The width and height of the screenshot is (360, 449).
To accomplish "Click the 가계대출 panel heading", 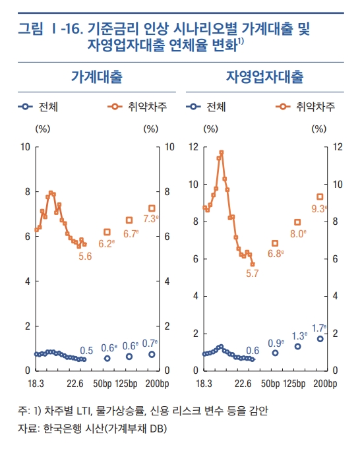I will (x=96, y=76).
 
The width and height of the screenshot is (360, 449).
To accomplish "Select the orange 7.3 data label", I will (x=151, y=219).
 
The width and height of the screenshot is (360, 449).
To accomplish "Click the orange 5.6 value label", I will (x=84, y=256).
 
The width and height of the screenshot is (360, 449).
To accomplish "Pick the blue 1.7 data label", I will (x=319, y=328).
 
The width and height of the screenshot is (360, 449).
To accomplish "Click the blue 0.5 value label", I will (x=86, y=350).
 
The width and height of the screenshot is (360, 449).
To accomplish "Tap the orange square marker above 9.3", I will (x=320, y=196).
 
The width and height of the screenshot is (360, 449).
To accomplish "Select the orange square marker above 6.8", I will (x=275, y=243).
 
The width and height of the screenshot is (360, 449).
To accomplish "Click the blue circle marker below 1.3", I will (x=297, y=347).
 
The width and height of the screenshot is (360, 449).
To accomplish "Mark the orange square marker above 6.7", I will (x=129, y=220).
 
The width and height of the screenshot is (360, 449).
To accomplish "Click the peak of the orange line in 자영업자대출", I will (x=222, y=152).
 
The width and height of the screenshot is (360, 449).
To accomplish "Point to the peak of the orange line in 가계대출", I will (x=51, y=193).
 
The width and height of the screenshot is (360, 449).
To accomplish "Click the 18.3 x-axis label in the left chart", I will (x=35, y=383).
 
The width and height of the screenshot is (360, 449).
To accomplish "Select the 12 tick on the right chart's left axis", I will (x=193, y=146).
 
